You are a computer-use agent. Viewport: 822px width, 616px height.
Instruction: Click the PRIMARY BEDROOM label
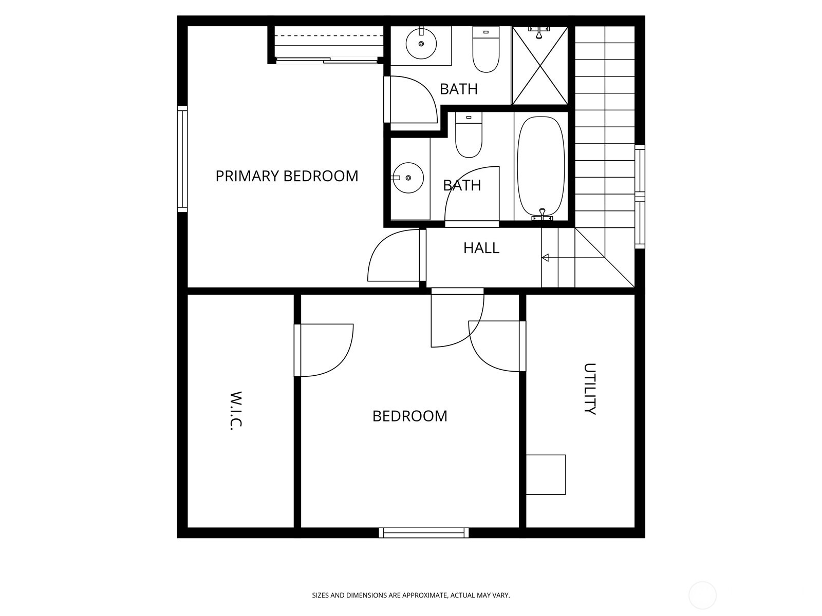[287, 176]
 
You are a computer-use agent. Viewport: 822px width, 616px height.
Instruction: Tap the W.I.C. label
[235, 411]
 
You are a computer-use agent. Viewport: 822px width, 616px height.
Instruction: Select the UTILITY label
[590, 389]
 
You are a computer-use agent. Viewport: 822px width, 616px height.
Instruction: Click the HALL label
[481, 248]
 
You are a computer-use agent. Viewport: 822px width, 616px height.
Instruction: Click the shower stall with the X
[540, 66]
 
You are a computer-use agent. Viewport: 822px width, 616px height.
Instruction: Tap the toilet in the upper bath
[485, 50]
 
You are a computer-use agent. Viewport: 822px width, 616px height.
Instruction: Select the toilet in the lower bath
[469, 136]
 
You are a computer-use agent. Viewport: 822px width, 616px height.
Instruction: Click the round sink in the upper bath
[421, 44]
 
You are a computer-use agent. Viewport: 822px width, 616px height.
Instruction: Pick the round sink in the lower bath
[408, 178]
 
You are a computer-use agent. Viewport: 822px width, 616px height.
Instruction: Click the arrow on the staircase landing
[546, 257]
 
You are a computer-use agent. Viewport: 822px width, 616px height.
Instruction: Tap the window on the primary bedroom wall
[182, 159]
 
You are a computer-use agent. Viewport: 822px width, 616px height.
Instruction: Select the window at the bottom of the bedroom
[424, 533]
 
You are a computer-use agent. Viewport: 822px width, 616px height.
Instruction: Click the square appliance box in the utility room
[546, 474]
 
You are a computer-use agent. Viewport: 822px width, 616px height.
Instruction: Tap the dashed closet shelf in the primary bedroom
[329, 35]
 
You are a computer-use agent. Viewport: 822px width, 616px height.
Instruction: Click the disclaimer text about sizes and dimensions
[410, 595]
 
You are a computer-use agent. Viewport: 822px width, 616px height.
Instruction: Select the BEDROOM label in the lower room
[409, 416]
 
